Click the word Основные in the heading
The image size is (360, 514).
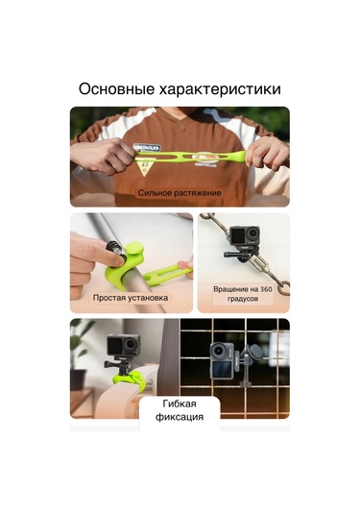pyautogui.click(x=116, y=88)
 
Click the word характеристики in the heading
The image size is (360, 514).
pyautogui.click(x=220, y=89)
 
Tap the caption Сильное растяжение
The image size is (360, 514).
pyautogui.click(x=180, y=193)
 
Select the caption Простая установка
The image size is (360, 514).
pyautogui.click(x=131, y=298)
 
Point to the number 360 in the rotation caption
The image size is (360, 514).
pyautogui.click(x=266, y=289)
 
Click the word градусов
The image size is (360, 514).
pyautogui.click(x=243, y=299)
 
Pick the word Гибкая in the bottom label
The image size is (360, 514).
pyautogui.click(x=180, y=404)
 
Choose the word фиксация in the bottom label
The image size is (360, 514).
pyautogui.click(x=180, y=417)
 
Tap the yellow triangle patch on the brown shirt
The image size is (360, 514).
pyautogui.click(x=144, y=167)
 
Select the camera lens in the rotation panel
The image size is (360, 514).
pyautogui.click(x=252, y=233)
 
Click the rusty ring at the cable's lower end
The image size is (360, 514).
pyautogui.click(x=283, y=289)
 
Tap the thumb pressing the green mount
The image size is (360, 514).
pyautogui.click(x=111, y=259)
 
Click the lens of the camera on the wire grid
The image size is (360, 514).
pyautogui.click(x=218, y=353)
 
